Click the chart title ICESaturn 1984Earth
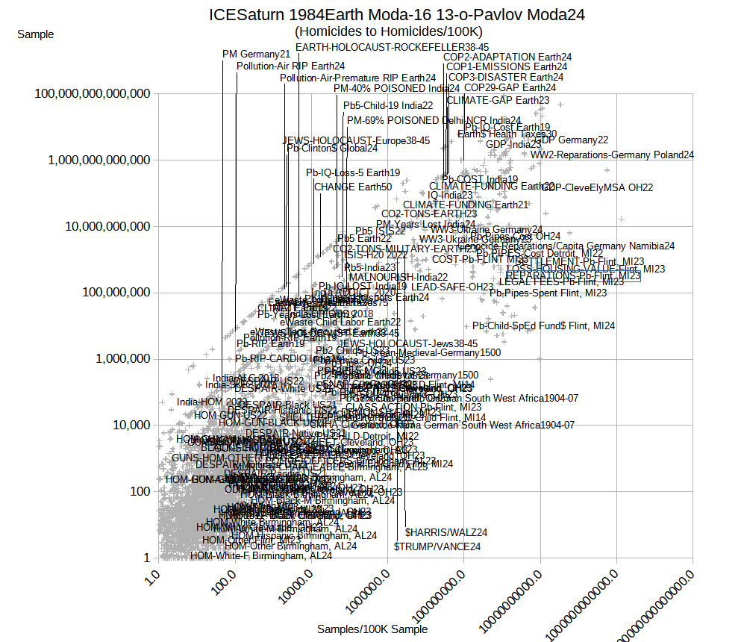tap(396, 14)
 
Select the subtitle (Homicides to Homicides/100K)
tap(389, 31)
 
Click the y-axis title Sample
tap(35, 34)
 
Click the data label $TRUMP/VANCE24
tap(437, 546)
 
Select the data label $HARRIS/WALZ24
tap(446, 532)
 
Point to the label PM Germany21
tap(256, 54)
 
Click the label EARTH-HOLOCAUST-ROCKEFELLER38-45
tap(393, 47)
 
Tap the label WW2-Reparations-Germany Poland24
tap(612, 155)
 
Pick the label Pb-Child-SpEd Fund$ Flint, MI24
tap(543, 325)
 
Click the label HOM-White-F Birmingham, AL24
tap(261, 555)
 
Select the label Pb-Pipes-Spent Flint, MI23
tap(548, 293)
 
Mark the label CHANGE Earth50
tap(352, 187)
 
